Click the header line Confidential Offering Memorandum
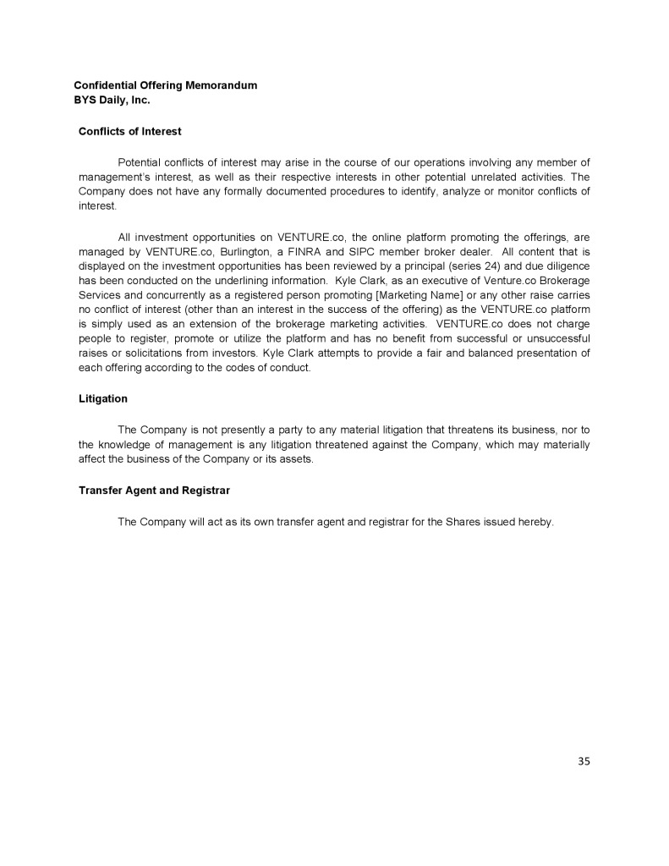(166, 85)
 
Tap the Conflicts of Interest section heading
(129, 131)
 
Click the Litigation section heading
(103, 398)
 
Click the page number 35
(584, 761)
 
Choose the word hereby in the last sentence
(534, 522)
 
